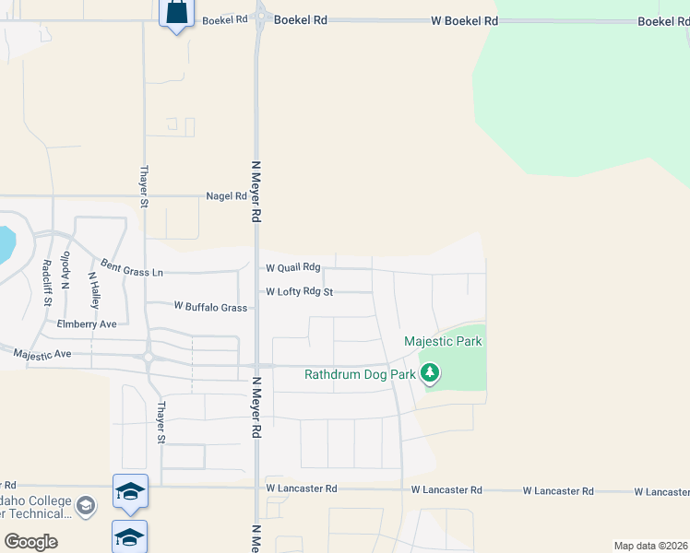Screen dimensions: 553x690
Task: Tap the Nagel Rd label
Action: (227, 196)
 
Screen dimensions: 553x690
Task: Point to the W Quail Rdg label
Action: (293, 267)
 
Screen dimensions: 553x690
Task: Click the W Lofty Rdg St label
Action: (299, 291)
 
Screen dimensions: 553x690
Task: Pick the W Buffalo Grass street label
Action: (211, 307)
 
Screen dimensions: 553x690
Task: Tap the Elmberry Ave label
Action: (87, 324)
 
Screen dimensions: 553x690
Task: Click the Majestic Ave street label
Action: (42, 353)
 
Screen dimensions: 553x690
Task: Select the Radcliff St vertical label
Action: (47, 283)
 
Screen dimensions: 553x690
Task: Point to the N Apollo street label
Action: (65, 273)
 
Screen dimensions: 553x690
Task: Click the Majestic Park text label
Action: (443, 342)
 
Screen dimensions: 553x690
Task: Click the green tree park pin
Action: (429, 373)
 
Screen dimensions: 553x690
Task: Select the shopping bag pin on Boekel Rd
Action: (175, 14)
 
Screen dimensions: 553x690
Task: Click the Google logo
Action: (30, 541)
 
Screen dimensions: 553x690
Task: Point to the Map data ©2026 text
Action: (651, 546)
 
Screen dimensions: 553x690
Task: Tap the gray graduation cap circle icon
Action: (86, 505)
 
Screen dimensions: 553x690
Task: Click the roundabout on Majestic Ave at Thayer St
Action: (148, 357)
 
